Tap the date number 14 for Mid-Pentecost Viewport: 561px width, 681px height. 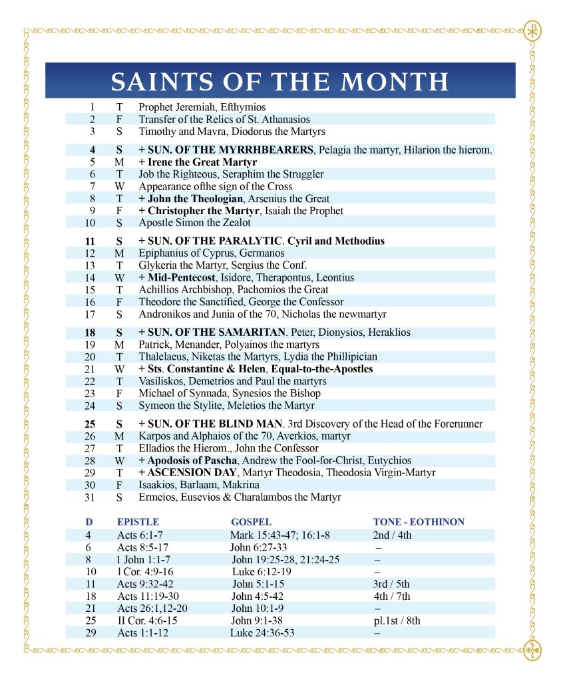coord(91,277)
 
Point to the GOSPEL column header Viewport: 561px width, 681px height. coord(251,522)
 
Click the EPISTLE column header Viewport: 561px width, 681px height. coord(138,522)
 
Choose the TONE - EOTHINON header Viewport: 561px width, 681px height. coord(419,522)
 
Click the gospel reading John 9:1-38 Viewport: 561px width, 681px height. coord(255,620)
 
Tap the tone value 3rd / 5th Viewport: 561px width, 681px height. coord(392,584)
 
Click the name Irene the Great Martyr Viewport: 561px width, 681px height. coord(202,162)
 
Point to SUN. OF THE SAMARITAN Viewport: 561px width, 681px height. coord(215,332)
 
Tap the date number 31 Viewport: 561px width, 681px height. coord(91,497)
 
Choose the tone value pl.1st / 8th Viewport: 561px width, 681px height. coord(397,620)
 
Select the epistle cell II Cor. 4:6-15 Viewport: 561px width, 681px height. coord(148,620)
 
